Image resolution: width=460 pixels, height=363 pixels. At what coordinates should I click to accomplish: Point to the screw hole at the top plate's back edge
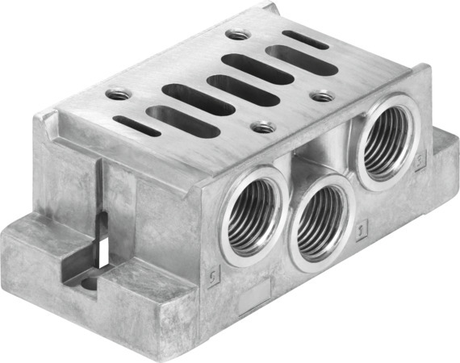tap(236, 35)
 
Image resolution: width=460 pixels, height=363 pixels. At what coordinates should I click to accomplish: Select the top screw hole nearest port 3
tap(323, 96)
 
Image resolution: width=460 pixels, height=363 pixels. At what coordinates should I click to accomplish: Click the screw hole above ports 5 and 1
tap(261, 127)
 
